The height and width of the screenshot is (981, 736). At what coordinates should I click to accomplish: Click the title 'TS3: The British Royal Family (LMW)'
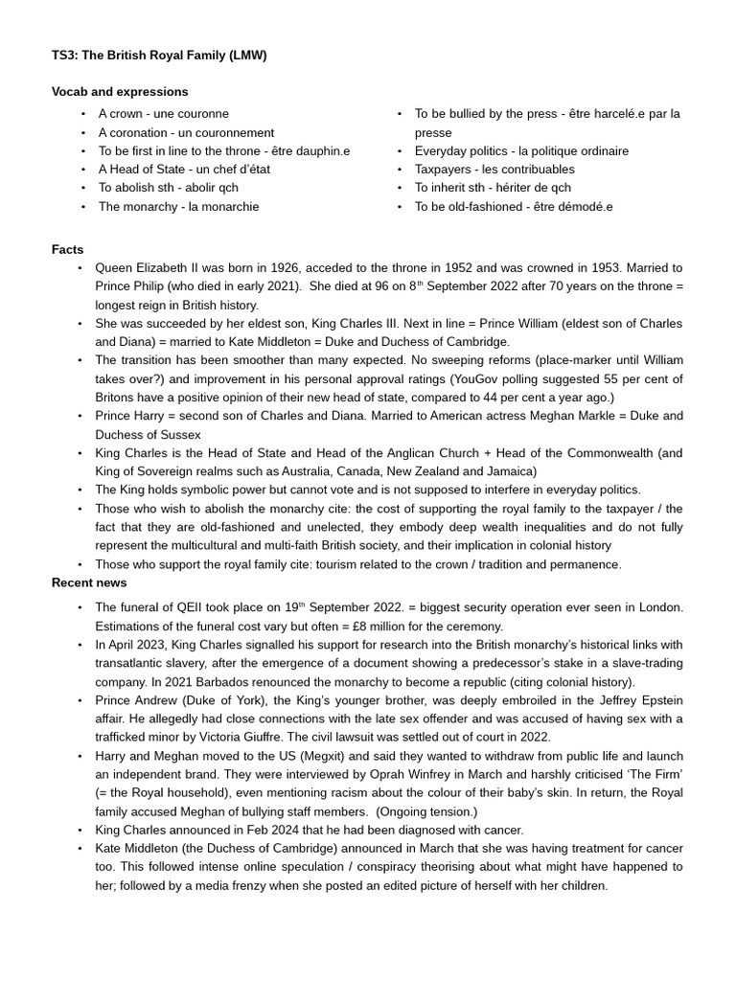click(x=159, y=56)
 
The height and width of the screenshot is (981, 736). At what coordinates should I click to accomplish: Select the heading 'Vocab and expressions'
click(x=120, y=92)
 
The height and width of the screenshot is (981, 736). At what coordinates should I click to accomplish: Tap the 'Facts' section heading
click(x=68, y=249)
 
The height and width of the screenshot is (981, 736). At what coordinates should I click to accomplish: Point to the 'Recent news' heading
click(x=89, y=582)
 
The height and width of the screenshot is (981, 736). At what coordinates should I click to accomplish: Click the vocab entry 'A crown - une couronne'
click(x=163, y=114)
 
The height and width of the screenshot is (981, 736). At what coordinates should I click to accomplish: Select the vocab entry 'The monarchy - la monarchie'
click(x=178, y=206)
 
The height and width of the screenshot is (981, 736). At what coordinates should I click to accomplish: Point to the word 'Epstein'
click(x=659, y=700)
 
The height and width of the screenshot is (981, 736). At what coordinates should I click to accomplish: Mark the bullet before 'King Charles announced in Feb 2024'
click(x=80, y=830)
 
